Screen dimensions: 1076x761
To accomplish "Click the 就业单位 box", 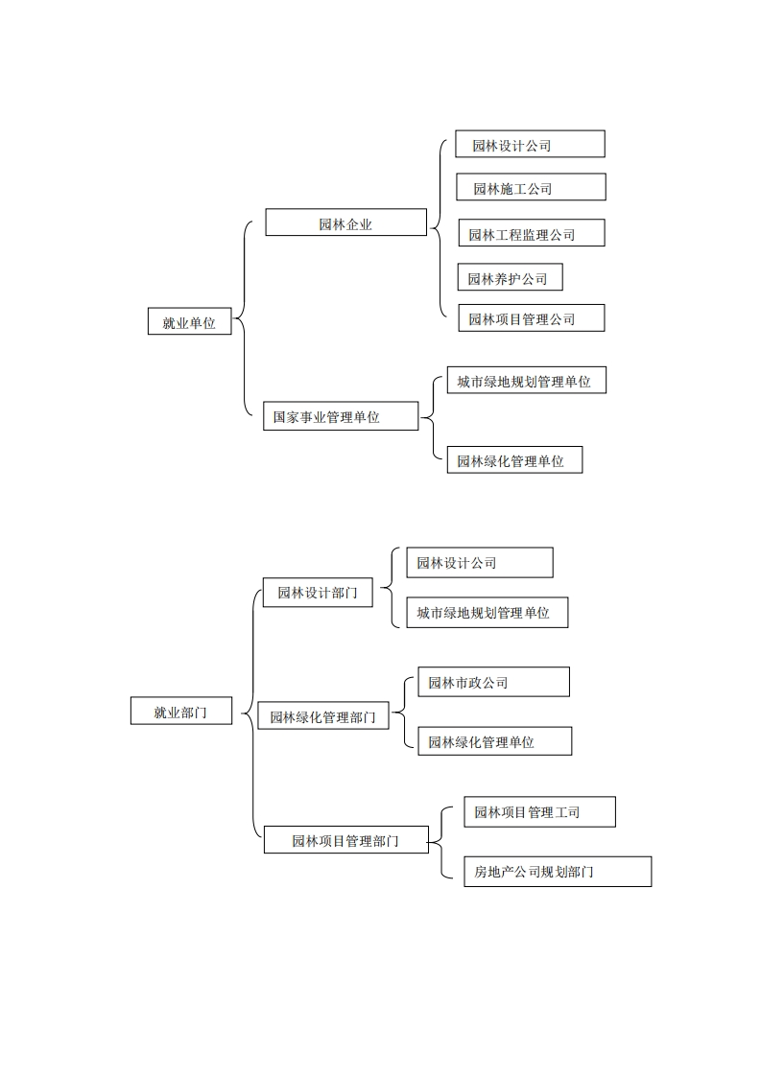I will point(189,321).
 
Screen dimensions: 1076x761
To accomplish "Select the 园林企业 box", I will point(345,222).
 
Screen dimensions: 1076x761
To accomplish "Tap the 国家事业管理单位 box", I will point(341,416).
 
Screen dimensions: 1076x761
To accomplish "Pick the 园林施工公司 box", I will point(531,187).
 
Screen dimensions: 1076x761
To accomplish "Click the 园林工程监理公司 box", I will point(531,233).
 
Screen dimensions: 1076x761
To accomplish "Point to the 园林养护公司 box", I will point(510,277).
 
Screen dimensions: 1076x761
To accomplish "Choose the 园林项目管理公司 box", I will point(531,317).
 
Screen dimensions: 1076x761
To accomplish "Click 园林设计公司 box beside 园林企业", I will point(530,144).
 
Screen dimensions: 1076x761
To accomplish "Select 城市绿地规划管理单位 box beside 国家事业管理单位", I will point(527,380).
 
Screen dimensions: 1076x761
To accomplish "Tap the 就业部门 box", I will point(181,711).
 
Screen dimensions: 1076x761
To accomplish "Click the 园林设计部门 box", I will point(318,592).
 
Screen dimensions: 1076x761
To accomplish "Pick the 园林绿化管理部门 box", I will point(323,715).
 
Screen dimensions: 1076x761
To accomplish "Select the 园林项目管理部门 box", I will point(345,839).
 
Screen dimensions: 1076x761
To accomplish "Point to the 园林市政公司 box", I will point(493,682).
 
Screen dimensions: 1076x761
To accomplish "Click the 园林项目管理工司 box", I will point(539,811).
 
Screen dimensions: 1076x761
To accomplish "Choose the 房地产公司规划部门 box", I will point(557,871).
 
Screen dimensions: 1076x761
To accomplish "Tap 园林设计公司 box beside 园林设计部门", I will point(480,562).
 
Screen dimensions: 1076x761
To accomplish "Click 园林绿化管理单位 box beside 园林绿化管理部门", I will point(494,740).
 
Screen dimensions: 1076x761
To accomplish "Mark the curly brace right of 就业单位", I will point(244,321).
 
